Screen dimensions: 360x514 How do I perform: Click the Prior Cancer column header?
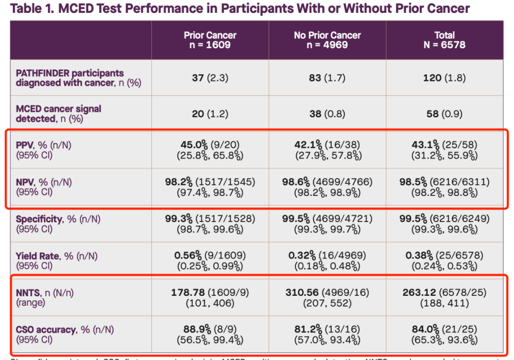210,40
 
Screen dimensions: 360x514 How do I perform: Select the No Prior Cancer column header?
327,40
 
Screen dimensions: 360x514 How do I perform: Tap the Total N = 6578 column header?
444,40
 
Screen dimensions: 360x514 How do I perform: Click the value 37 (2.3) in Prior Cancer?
210,78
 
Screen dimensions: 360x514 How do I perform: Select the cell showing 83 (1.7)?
327,78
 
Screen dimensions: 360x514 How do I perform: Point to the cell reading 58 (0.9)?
444,114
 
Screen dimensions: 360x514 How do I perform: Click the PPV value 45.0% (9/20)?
210,145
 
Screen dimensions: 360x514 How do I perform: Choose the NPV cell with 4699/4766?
327,182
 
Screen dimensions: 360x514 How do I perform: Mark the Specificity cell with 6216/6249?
444,219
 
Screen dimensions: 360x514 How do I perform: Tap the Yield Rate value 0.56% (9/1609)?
210,255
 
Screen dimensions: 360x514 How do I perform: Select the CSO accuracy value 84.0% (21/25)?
444,329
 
